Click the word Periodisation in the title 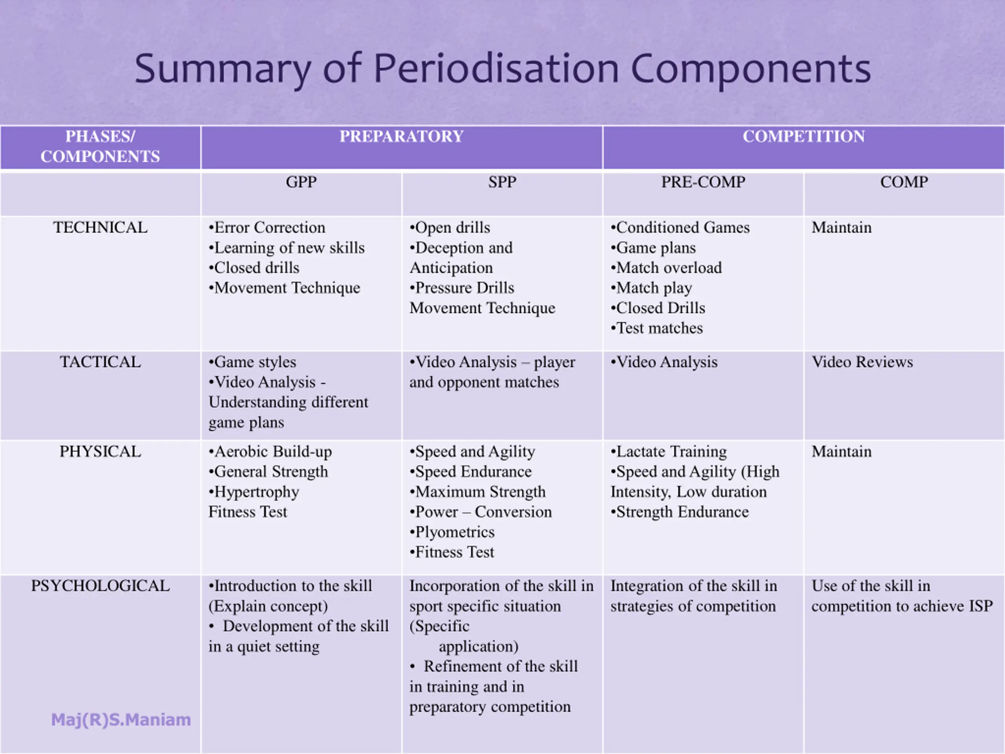click(496, 69)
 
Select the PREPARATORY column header click(402, 136)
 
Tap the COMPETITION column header click(803, 136)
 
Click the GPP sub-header click(301, 182)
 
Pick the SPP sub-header click(502, 182)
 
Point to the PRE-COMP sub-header click(703, 182)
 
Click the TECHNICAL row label click(100, 228)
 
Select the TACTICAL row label click(100, 362)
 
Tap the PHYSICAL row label click(100, 452)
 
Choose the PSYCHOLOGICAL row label click(100, 586)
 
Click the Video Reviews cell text click(862, 362)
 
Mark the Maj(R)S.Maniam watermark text click(121, 720)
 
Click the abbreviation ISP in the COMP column click(981, 606)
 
